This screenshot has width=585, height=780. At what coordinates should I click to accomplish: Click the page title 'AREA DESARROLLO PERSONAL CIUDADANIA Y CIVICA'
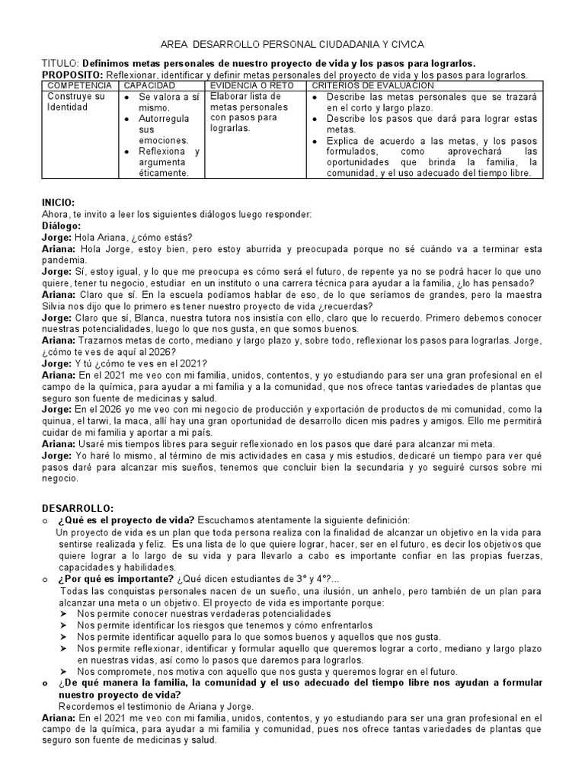click(292, 45)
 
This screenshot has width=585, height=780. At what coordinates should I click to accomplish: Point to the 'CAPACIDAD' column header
click(151, 85)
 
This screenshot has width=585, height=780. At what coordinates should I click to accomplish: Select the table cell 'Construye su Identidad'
click(76, 102)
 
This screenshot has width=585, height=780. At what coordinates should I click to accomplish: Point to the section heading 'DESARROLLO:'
click(76, 507)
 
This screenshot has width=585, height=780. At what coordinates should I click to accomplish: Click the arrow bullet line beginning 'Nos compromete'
click(267, 672)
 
